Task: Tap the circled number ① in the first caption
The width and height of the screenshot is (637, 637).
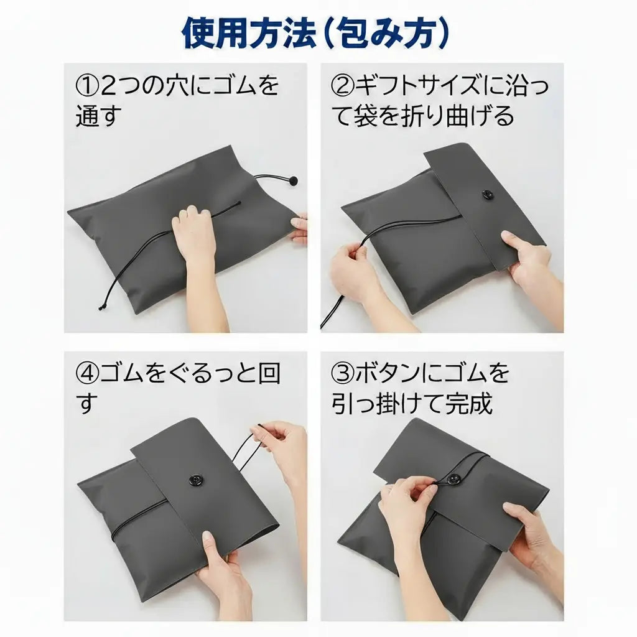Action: [x=87, y=86]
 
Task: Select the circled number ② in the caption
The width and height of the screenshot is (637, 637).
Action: [x=342, y=86]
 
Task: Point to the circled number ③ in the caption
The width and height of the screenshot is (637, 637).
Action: [x=342, y=374]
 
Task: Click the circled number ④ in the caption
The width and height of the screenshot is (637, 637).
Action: [x=87, y=374]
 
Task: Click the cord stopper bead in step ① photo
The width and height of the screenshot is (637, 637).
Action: [x=292, y=181]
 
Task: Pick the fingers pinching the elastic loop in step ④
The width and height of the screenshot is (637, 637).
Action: [x=274, y=435]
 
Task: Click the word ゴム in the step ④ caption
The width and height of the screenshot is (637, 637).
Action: [x=129, y=374]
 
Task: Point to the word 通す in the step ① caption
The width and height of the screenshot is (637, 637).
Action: [x=98, y=116]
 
